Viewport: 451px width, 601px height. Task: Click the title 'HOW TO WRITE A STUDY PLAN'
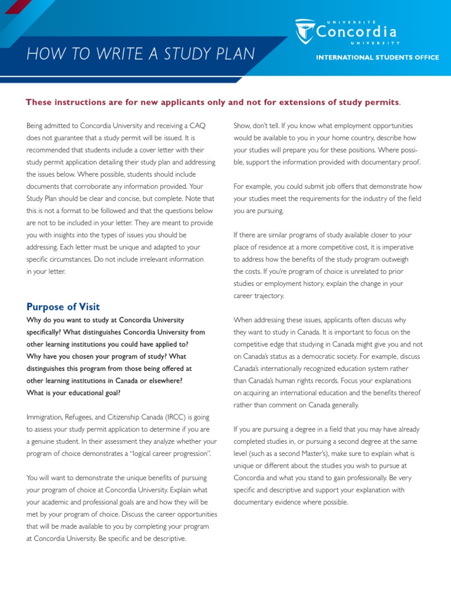coord(141,54)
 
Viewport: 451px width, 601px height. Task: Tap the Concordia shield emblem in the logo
coord(305,32)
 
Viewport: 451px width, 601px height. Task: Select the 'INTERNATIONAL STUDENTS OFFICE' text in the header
coord(378,58)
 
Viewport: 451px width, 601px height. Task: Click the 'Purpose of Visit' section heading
coord(63,307)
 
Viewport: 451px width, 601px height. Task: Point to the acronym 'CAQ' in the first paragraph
coord(195,126)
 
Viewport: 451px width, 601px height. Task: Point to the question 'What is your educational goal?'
coord(73,393)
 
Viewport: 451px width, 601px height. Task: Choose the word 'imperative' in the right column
coord(399,247)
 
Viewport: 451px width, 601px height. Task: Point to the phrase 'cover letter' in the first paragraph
coord(169,150)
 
